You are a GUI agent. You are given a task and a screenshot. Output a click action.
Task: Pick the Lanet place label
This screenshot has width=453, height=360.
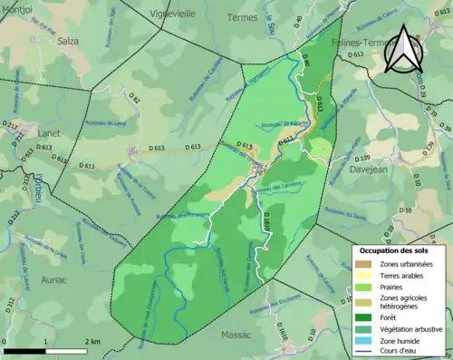(49, 133)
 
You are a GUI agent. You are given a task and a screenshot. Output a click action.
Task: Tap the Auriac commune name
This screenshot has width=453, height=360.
(54, 280)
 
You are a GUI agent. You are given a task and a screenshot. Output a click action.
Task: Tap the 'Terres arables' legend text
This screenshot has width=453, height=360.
(407, 275)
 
